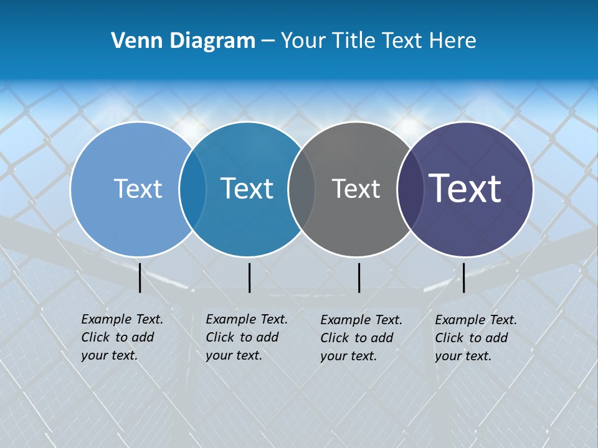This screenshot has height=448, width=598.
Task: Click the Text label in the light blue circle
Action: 138,189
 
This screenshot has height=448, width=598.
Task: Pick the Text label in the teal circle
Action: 247,189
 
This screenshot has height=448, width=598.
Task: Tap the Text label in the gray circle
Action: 356,189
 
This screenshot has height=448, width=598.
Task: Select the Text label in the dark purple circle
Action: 465,189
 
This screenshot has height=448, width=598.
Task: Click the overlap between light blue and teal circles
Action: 192,189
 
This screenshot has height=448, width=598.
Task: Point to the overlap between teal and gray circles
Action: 301,189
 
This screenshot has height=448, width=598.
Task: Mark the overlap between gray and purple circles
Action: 409,189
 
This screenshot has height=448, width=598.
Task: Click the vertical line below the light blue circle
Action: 140,278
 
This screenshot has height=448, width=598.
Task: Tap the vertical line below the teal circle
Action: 249,278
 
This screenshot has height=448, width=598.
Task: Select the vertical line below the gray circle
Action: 359,278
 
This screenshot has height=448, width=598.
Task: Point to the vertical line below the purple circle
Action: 463,278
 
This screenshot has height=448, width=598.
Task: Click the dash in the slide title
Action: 268,41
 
